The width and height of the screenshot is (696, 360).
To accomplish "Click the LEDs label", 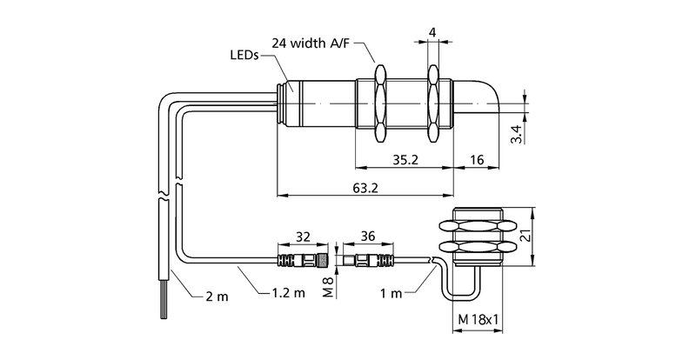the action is tap(244, 56).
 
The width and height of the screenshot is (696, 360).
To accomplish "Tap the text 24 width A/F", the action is tap(311, 43).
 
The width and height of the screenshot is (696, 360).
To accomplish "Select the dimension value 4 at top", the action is tap(432, 32).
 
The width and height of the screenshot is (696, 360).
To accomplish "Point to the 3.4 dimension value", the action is tap(516, 134).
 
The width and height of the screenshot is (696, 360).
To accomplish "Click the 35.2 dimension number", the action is tap(405, 160).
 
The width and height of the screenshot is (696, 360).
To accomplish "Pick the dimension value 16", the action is tap(477, 160).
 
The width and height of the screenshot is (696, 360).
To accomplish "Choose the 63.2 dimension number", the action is tap(365, 188).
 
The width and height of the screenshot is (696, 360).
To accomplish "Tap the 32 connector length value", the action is tap(303, 237).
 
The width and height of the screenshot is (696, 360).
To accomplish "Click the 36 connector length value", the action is tap(368, 237).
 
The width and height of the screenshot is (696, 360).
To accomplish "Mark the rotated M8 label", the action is tap(328, 286).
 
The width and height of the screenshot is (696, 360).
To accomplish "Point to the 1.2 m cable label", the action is tap(289, 292).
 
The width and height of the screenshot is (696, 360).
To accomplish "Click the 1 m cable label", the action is tap(391, 293).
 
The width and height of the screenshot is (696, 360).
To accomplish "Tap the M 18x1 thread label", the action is tap(478, 319).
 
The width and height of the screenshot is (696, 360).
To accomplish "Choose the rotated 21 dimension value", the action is tap(525, 237).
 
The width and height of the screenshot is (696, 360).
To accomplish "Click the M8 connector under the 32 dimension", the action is tap(303, 260).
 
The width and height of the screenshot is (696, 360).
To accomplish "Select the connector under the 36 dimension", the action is tap(368, 260).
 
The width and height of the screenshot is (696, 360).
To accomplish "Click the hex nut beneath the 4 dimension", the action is tap(433, 103).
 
